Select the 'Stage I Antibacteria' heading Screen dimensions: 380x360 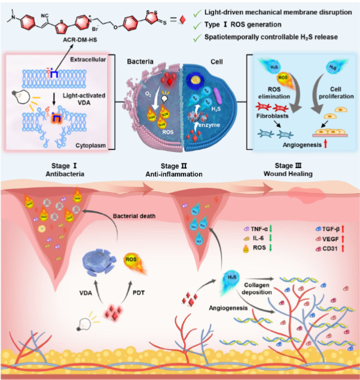pyautogui.click(x=66, y=170)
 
